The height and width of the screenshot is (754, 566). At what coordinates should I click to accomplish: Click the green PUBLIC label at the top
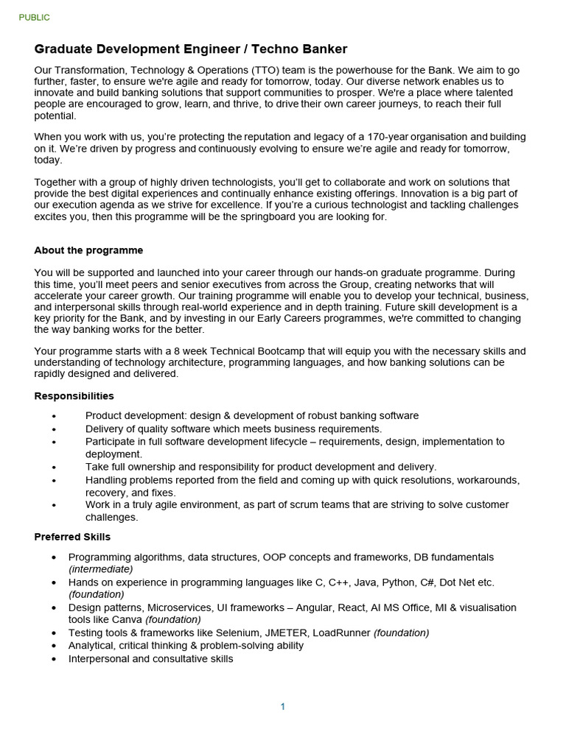point(35,18)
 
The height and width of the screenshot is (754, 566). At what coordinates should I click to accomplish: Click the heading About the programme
point(88,250)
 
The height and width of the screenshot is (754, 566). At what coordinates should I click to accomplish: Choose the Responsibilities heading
point(74,396)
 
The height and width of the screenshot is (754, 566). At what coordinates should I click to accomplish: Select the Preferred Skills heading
point(72,537)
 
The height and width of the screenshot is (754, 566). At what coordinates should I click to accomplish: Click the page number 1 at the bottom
point(282,707)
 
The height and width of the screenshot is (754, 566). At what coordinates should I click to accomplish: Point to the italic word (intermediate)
point(101,569)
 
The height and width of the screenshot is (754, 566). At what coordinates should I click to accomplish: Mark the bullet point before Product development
point(54,416)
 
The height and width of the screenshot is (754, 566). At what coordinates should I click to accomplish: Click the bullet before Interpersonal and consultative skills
point(54,659)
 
